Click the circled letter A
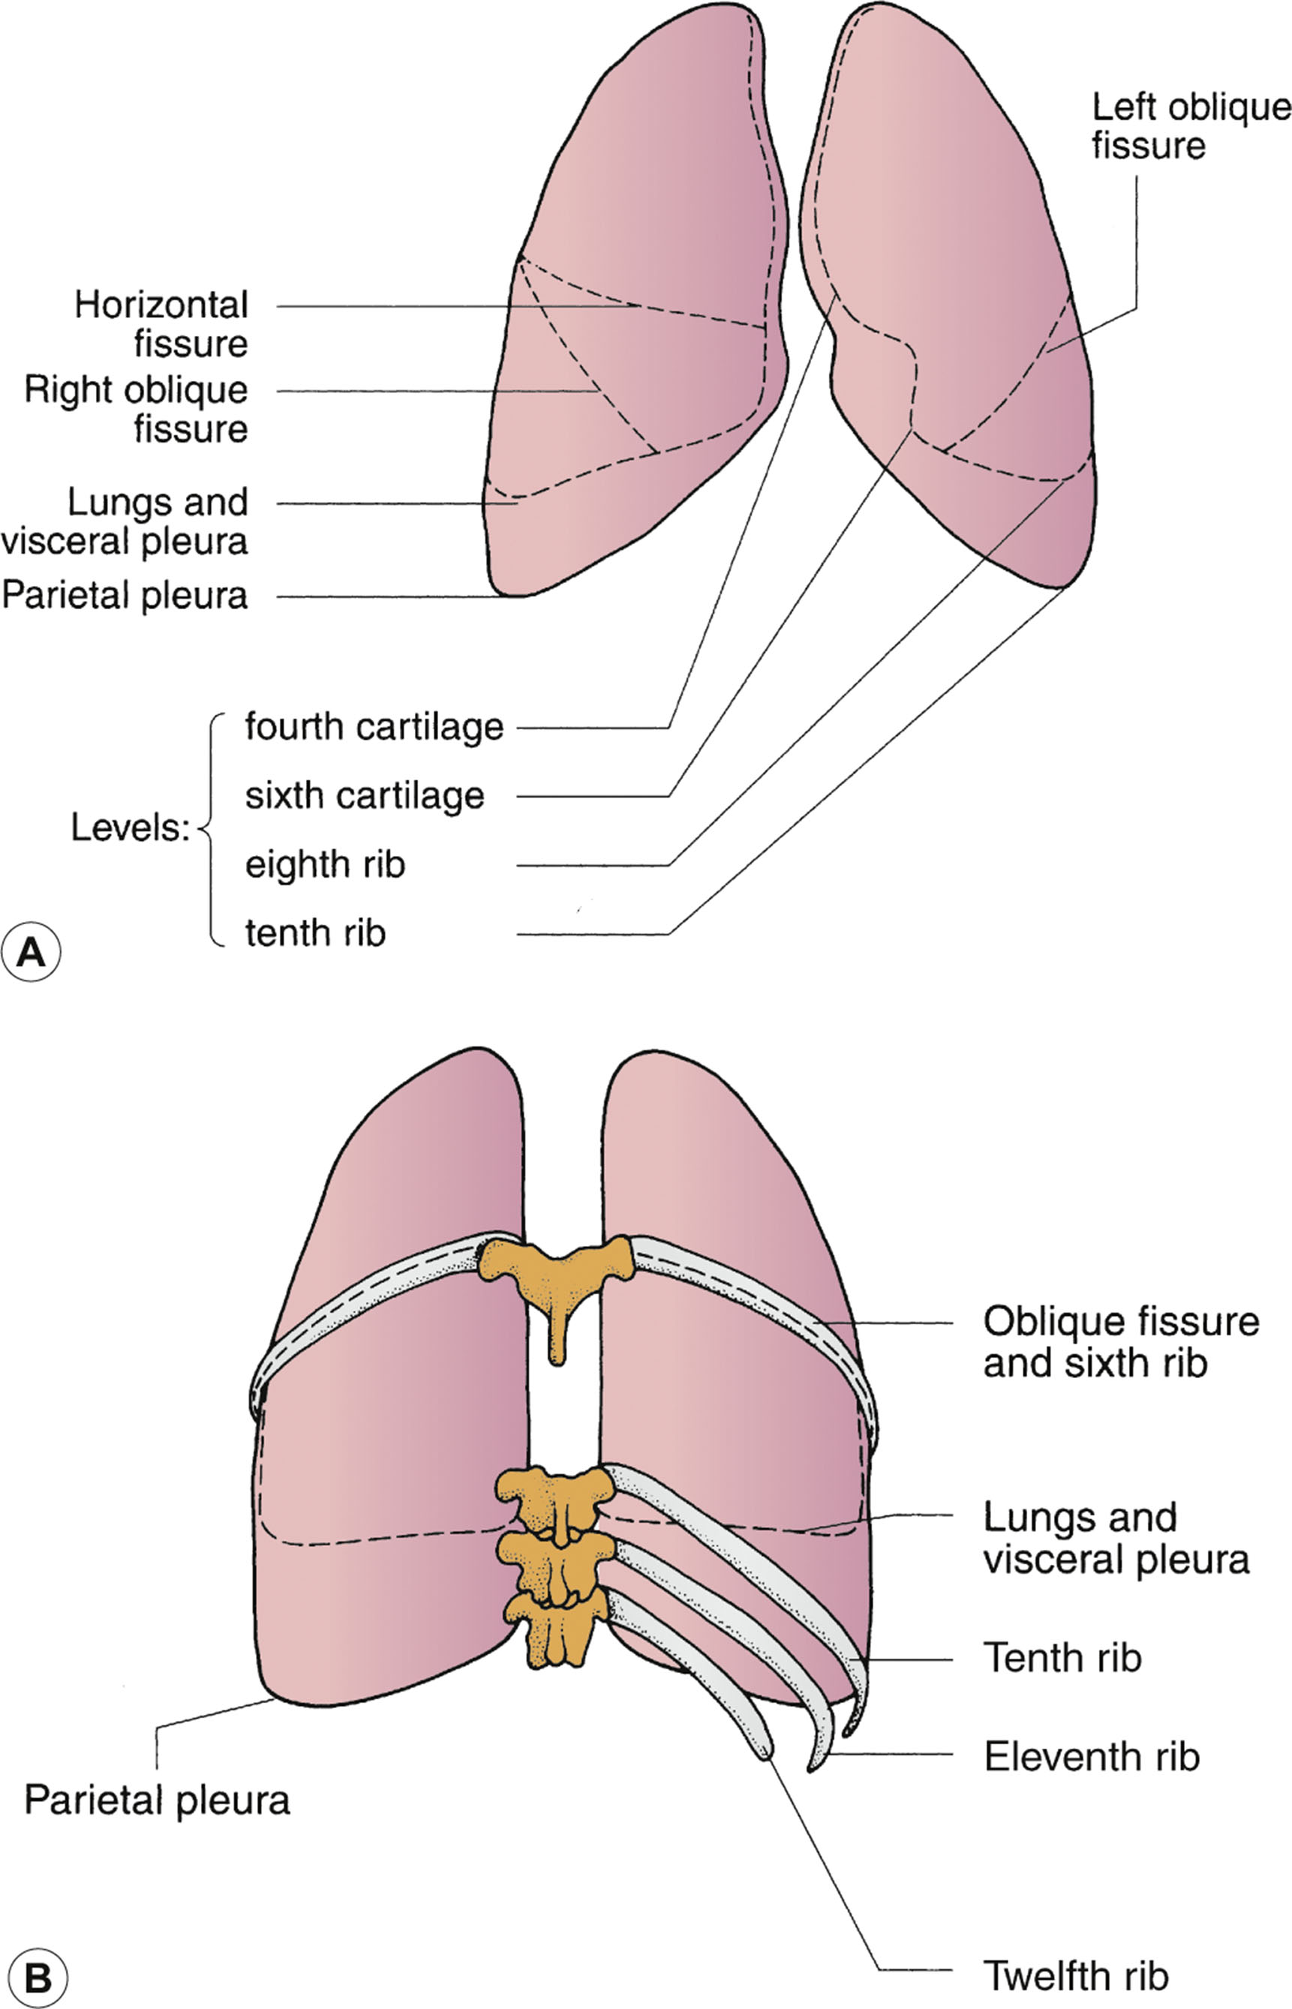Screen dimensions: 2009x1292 coord(31,952)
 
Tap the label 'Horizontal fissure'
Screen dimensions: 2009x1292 coord(161,324)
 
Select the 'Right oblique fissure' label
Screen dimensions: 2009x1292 coord(136,409)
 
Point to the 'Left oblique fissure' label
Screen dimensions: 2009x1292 coord(1190,126)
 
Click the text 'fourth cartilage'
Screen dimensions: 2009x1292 coord(374,726)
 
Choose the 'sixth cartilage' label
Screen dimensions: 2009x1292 coord(365,795)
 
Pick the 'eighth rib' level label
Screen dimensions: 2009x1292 coord(325,864)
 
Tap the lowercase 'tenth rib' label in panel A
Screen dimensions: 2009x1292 coord(315,932)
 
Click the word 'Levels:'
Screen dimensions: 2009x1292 coord(130,828)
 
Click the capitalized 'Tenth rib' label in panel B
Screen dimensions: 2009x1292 coord(1062,1657)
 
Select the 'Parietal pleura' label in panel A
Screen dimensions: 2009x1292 coord(125,596)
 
